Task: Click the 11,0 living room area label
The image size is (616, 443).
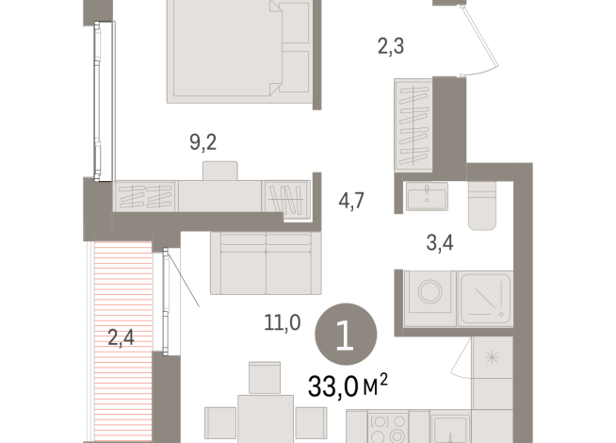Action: [282, 323]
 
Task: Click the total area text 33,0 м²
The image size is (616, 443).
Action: [348, 385]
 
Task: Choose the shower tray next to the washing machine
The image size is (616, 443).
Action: [485, 298]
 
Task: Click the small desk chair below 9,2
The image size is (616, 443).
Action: [222, 171]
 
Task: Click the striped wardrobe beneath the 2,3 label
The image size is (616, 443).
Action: [412, 123]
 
